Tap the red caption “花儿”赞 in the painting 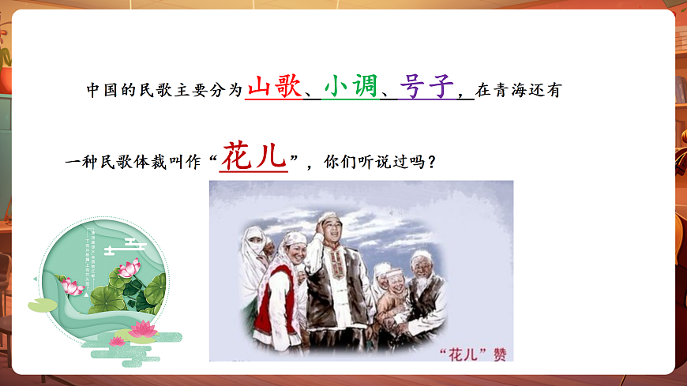(471, 347)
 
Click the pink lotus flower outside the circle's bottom (142, 328)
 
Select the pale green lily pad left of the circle (41, 305)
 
